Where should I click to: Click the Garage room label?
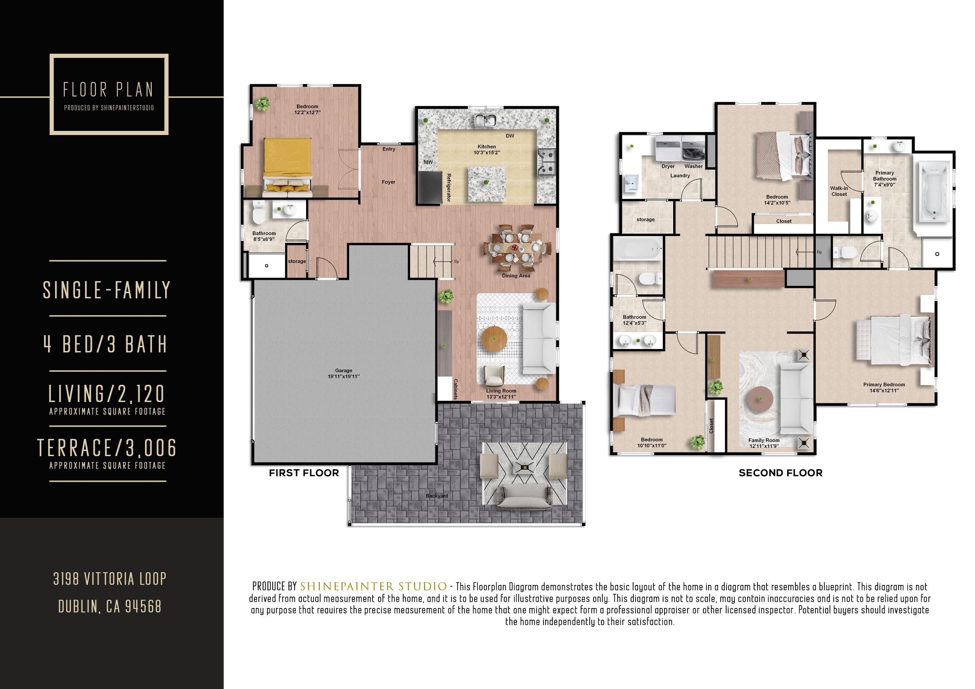(343, 371)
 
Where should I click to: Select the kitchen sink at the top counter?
(485, 120)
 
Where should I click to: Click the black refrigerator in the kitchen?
(430, 187)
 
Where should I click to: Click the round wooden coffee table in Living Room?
(494, 338)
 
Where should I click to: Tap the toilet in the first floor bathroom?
(258, 212)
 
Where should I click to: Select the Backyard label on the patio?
(437, 496)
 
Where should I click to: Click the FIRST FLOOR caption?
(304, 473)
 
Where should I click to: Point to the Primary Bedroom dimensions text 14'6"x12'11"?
(884, 391)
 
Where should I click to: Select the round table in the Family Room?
(760, 398)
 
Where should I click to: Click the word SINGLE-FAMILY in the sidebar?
(106, 290)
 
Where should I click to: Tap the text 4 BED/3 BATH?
(106, 344)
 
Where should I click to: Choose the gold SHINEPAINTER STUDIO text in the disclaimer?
(373, 587)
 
